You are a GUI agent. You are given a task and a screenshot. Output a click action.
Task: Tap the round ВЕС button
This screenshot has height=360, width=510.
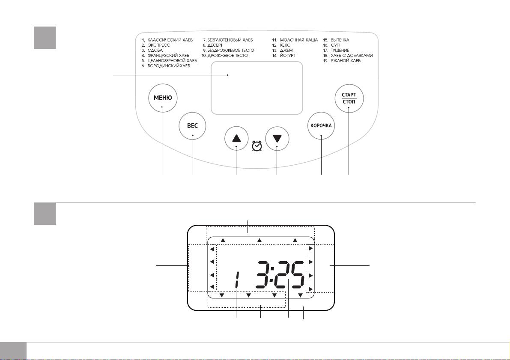point(193,126)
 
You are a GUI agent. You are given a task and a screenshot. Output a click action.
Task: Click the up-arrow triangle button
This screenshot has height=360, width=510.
point(236,139)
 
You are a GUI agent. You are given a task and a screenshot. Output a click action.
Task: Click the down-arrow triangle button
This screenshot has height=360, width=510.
point(277,139)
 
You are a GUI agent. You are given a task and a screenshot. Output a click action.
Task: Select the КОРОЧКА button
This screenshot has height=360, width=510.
point(321,126)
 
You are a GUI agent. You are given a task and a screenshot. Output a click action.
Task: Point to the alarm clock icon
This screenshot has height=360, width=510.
point(257,146)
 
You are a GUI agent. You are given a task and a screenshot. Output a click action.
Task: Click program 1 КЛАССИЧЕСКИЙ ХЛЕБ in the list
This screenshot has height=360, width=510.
point(167,40)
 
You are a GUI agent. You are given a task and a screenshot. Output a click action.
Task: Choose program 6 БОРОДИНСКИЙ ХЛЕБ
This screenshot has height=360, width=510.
point(166,66)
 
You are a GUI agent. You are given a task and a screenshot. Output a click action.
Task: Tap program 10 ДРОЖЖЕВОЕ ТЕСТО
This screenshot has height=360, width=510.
point(224,56)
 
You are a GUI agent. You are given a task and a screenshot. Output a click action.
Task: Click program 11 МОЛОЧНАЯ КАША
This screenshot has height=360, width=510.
point(295,40)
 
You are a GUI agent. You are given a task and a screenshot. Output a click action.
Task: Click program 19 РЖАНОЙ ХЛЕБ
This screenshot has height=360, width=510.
point(342,61)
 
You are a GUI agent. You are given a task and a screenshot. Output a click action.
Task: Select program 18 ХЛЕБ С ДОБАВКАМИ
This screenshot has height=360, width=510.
point(348,56)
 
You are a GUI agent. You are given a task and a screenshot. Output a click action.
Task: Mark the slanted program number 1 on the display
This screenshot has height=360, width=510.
point(237,280)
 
